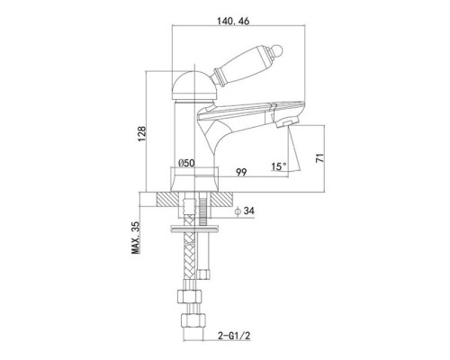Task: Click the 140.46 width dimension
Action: tap(233, 21)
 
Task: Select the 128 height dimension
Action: tap(141, 134)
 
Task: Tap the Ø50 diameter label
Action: tap(186, 163)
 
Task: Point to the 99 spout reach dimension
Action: tap(241, 172)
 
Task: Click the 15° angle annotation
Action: tap(279, 166)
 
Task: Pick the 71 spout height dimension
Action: tap(320, 157)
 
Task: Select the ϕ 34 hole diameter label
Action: tap(245, 211)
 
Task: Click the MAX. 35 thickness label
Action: tap(136, 238)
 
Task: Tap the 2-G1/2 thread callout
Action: tap(233, 336)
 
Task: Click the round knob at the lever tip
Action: tap(279, 50)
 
